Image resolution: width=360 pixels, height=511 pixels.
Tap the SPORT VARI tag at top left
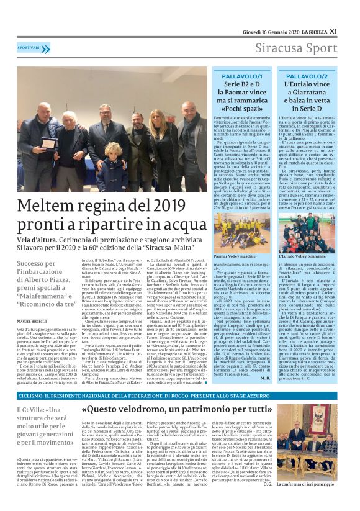point(30,47)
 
